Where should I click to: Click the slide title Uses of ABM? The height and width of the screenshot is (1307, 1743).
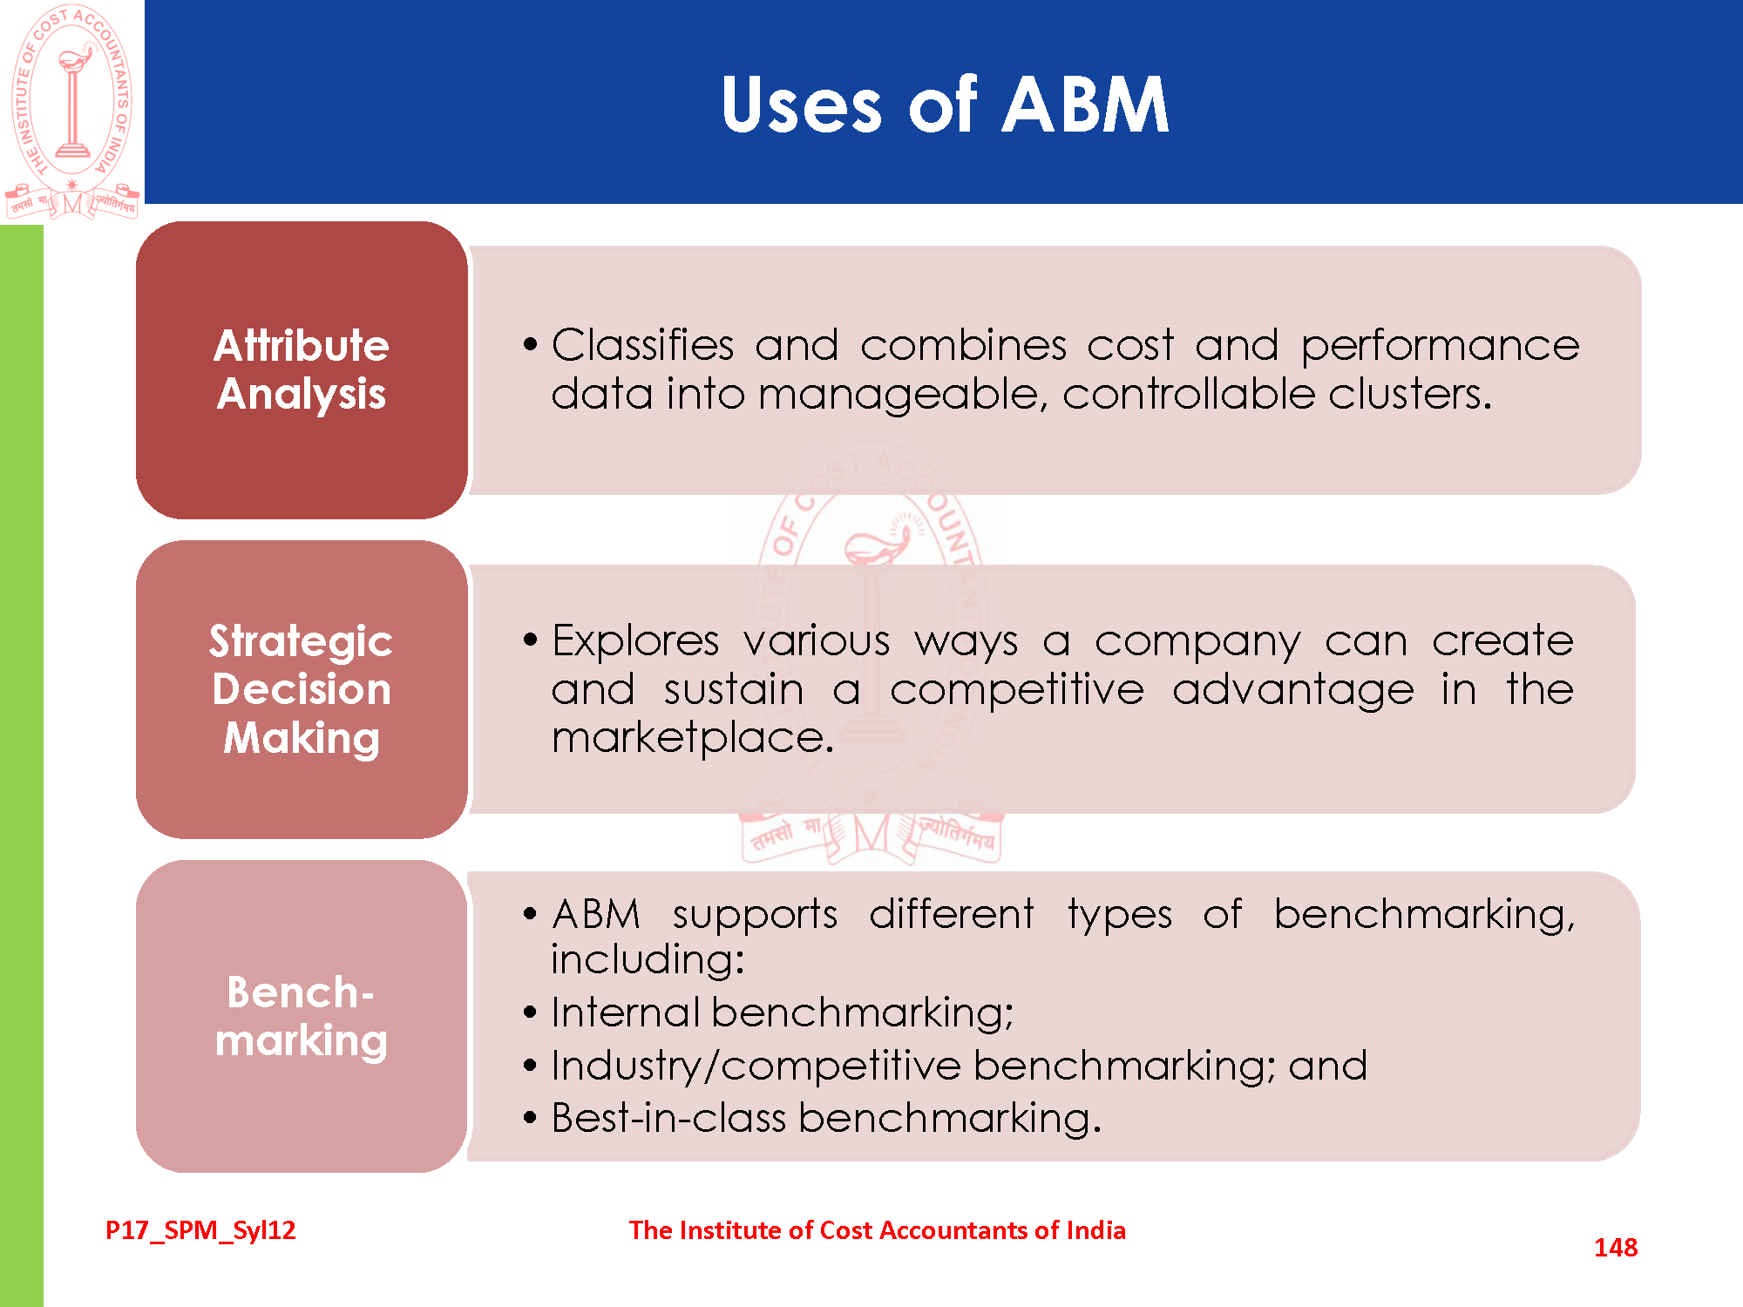[x=945, y=105]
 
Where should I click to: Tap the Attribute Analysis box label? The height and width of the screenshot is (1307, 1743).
[x=302, y=369]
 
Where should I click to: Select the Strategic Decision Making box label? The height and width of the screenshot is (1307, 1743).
[x=302, y=689]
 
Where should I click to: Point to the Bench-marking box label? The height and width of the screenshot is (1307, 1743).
[x=302, y=1016]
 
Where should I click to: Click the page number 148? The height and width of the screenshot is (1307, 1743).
[x=1615, y=1248]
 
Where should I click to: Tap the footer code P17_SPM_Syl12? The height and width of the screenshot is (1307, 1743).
[x=200, y=1230]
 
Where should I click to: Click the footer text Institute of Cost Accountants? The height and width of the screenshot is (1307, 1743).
[x=877, y=1230]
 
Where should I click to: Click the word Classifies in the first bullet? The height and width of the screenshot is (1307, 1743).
[x=642, y=345]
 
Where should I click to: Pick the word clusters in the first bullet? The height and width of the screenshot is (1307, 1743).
[x=1409, y=394]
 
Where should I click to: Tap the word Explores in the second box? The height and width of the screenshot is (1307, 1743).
[x=635, y=641]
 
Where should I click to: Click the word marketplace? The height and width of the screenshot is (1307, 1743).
[x=692, y=738]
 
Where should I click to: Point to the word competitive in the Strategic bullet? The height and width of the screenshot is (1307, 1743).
[x=1016, y=690]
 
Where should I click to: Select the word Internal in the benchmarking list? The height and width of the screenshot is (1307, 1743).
[x=625, y=1012]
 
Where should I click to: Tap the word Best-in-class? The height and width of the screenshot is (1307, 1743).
[x=668, y=1118]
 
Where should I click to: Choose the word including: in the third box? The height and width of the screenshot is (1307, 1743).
[x=648, y=959]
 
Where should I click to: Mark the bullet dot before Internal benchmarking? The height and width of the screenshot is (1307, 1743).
[x=530, y=1013]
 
